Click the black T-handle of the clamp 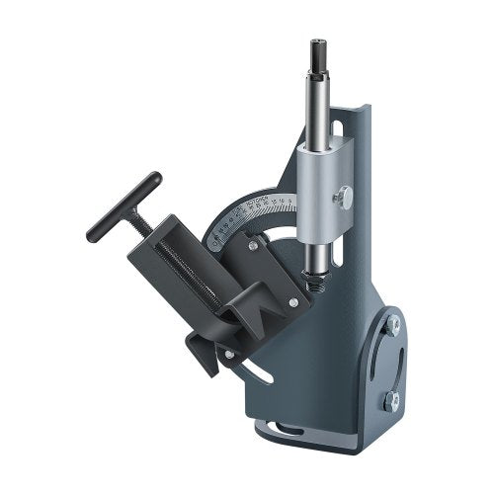pyautogui.click(x=123, y=207)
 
